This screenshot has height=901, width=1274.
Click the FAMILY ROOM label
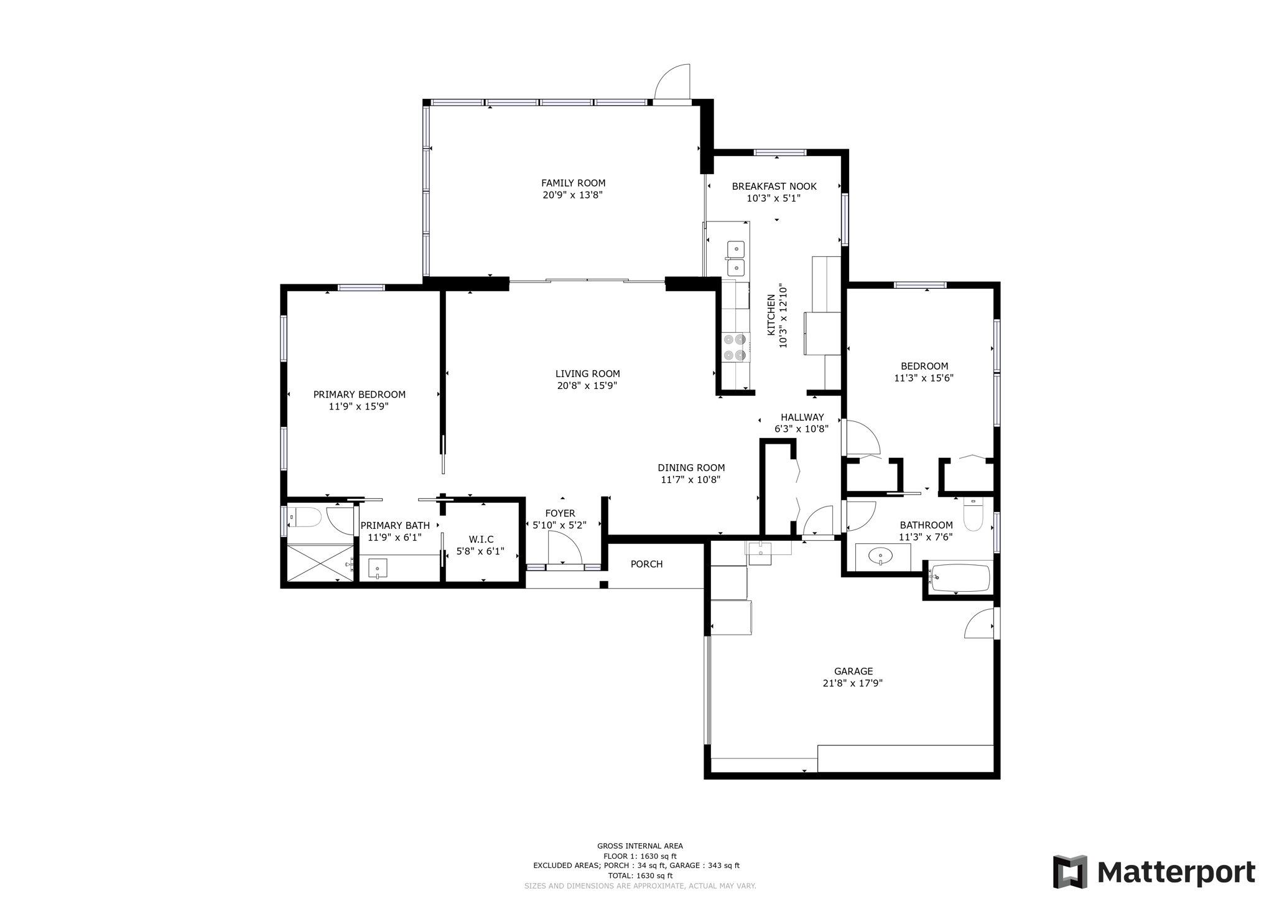573,183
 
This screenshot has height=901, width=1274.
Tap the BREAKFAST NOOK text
774,186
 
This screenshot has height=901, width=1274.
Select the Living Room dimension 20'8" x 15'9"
587,386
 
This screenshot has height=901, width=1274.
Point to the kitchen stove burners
734,347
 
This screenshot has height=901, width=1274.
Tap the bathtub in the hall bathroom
959,578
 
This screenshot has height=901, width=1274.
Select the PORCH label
646,564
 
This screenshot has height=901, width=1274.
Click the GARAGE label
853,671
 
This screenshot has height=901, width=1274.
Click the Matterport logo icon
1070,872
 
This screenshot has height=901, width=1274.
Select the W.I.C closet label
481,539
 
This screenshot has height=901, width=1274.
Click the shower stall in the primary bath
320,563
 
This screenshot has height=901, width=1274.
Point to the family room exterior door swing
673,82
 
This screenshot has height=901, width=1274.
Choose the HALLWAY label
802,418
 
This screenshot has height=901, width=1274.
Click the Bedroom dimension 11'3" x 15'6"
924,378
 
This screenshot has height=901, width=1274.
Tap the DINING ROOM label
691,468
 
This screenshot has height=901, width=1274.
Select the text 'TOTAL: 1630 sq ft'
640,875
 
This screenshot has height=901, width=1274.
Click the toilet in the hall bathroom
973,514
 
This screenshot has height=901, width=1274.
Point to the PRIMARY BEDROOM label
359,394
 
